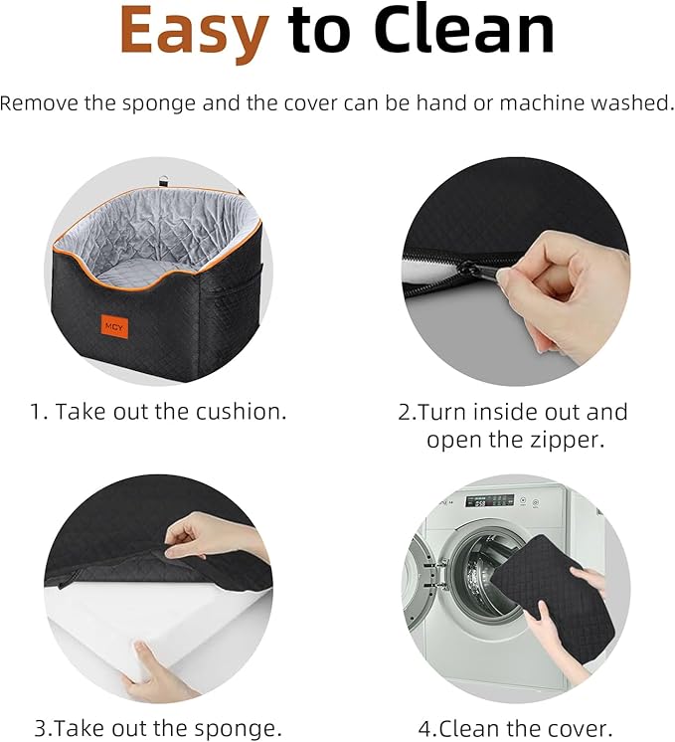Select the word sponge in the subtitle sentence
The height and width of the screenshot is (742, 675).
coord(159,104)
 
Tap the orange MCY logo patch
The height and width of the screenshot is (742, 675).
coord(114,327)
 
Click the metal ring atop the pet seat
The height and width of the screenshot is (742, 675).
coord(163,182)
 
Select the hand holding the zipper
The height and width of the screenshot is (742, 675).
coord(563,289)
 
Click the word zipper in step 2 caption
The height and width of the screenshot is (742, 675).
coord(568,441)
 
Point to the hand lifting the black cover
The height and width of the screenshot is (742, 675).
coord(213,537)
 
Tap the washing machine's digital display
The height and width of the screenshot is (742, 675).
coord(489,500)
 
